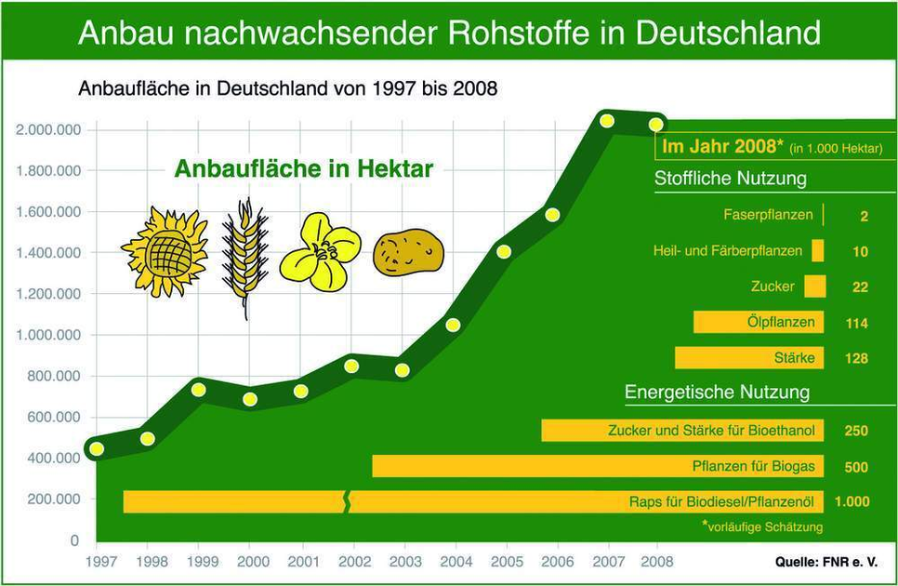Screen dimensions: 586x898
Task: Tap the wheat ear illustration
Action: tap(244, 256)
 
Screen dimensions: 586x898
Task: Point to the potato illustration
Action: tap(408, 251)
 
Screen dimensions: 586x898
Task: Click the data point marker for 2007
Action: tap(607, 121)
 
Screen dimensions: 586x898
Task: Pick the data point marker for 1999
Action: tap(198, 389)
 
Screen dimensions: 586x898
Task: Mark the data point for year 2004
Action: tap(453, 325)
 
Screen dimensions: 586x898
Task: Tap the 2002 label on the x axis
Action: tap(354, 562)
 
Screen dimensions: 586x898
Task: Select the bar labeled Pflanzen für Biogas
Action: tap(595, 466)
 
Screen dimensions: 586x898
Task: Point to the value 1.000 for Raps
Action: tap(852, 502)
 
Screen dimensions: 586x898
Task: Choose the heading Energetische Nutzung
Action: tap(717, 392)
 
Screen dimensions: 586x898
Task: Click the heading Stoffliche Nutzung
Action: tap(730, 179)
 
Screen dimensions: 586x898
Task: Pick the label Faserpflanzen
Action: tap(768, 215)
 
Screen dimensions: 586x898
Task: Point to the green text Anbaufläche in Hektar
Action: tap(304, 169)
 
